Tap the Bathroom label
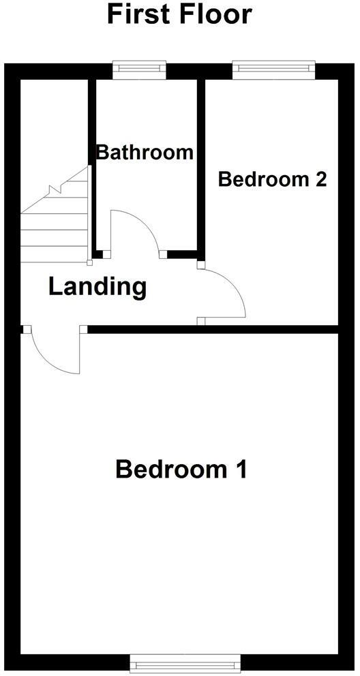pos(145,152)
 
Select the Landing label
pos(97,287)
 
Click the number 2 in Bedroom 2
pos(320,179)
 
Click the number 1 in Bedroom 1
pos(240,470)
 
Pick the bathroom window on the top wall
pos(140,67)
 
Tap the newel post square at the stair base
pos(90,262)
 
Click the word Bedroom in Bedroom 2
pos(263,179)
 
